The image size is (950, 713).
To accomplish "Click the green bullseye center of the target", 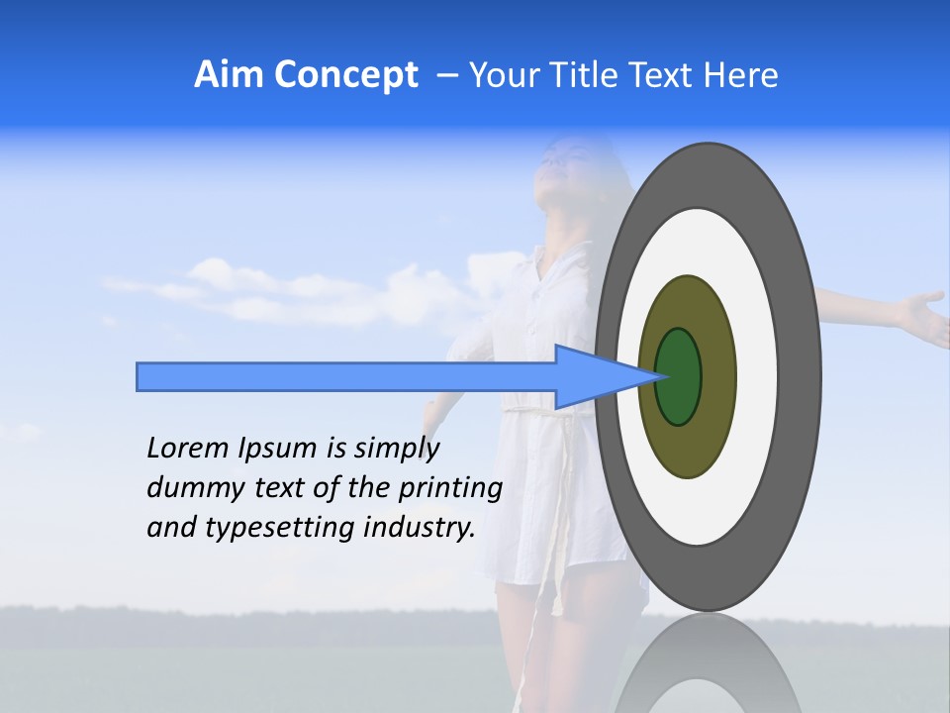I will point(679,376).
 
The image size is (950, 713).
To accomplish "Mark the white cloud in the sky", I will point(247,287).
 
